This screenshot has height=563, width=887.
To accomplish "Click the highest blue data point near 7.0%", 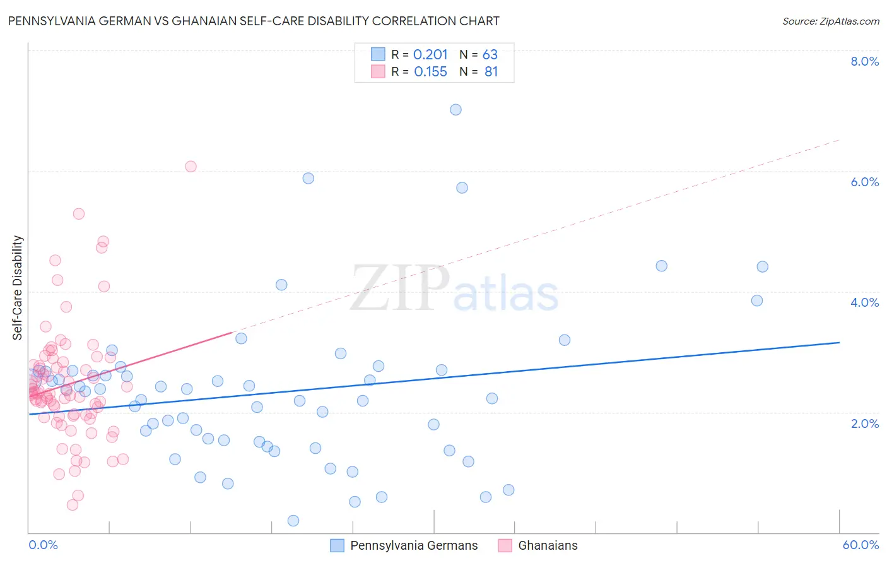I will click(455, 110).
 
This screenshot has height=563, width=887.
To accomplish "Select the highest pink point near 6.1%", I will click(191, 167).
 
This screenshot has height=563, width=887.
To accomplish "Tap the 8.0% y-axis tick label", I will click(864, 61).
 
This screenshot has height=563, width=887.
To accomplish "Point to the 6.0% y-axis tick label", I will click(864, 182).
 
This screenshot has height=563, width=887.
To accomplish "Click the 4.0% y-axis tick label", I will click(864, 302).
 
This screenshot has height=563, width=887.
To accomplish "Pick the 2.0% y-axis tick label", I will click(864, 424).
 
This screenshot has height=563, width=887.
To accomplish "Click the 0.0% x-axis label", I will click(43, 545).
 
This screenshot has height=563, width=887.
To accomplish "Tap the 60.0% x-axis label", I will click(861, 545).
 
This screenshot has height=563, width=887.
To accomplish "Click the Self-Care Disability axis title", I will click(18, 288).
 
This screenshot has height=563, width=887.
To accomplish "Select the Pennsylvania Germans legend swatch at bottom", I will click(338, 545).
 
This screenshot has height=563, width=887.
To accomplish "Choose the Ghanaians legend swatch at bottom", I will click(505, 545).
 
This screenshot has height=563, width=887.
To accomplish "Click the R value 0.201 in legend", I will click(430, 55).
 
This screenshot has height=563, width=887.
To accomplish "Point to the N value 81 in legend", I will click(491, 72).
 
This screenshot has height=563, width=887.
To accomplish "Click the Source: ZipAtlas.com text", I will click(830, 21).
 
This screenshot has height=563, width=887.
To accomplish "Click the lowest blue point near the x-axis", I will click(293, 521).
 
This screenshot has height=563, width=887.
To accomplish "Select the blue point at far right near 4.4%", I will click(762, 267).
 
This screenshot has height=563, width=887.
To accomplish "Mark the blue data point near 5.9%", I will click(308, 179).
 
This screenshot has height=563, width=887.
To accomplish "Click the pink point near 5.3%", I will click(79, 214).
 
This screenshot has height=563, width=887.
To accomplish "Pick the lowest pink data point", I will click(73, 505).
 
